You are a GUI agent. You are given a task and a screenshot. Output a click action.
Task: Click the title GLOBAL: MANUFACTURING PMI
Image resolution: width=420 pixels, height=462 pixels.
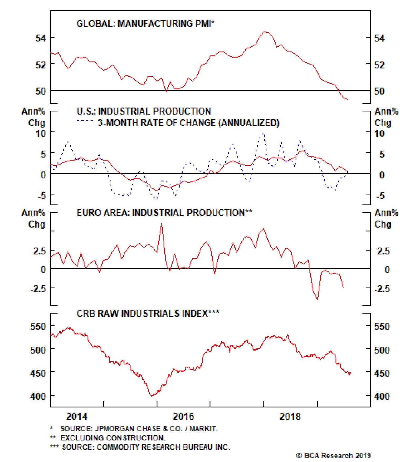pyautogui.click(x=145, y=24)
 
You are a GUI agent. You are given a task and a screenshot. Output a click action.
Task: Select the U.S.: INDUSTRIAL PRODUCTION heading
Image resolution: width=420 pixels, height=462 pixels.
pyautogui.click(x=144, y=111)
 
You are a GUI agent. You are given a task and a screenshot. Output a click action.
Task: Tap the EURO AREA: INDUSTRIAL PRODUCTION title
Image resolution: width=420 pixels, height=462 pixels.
pyautogui.click(x=164, y=213)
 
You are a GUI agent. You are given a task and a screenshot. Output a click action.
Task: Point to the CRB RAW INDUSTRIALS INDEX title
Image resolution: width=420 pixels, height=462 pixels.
pyautogui.click(x=148, y=313)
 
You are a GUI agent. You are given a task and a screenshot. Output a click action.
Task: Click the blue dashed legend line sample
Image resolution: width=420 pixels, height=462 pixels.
pyautogui.click(x=85, y=121)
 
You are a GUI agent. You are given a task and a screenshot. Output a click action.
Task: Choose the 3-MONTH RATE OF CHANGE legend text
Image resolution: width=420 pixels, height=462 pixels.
pyautogui.click(x=188, y=123)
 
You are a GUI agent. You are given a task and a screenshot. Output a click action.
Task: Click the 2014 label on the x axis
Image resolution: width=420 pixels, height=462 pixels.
pyautogui.click(x=77, y=416)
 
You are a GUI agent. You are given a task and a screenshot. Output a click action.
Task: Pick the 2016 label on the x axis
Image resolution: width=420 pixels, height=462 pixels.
pyautogui.click(x=183, y=416)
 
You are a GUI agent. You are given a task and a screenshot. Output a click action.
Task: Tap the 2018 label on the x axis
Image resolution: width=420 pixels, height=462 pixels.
pyautogui.click(x=290, y=416)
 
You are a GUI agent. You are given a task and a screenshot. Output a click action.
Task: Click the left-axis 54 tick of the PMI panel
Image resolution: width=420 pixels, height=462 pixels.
pyautogui.click(x=41, y=38)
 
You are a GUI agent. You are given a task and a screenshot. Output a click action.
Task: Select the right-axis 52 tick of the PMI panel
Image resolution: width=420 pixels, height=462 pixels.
pyautogui.click(x=379, y=65)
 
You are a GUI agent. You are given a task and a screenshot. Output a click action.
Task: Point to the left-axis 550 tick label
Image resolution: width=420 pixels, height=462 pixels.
pyautogui.click(x=38, y=326)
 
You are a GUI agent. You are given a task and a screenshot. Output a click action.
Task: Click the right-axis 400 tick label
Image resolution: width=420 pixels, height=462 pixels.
pyautogui.click(x=382, y=396)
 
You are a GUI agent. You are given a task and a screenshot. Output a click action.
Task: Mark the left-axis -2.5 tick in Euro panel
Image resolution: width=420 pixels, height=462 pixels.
pyautogui.click(x=38, y=289)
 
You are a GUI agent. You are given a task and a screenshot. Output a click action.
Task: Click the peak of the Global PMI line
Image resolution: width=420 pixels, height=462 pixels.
pyautogui.click(x=265, y=32)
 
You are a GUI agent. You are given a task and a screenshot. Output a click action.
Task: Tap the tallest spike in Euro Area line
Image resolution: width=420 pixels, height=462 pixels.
pyautogui.click(x=161, y=224)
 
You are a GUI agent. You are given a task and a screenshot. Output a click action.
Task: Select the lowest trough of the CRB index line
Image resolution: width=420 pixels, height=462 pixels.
pyautogui.click(x=151, y=396)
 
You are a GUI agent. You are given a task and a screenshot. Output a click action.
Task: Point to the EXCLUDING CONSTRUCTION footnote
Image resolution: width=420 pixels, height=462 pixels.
pyautogui.click(x=113, y=438)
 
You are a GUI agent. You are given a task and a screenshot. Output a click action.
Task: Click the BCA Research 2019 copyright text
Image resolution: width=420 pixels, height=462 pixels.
pyautogui.click(x=333, y=455)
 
